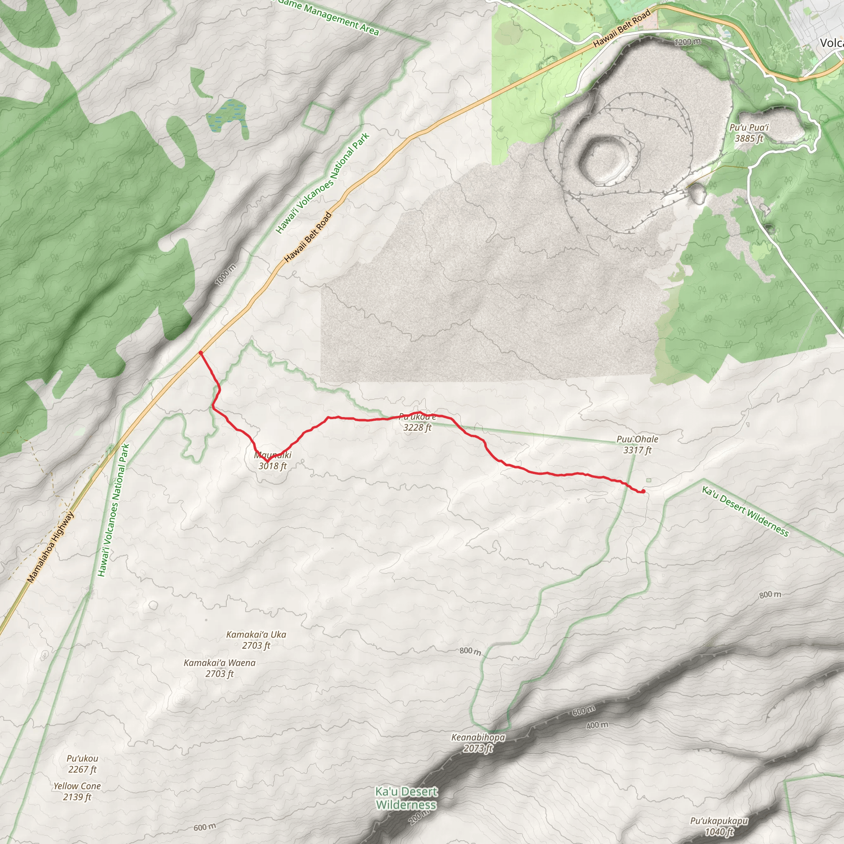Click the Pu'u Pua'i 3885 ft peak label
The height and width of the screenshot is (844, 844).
(x=749, y=133)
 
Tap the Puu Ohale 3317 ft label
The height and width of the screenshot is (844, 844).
(x=638, y=444)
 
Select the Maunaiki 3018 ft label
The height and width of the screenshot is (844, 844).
(x=272, y=460)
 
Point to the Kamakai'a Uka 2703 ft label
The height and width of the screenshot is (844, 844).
(x=256, y=640)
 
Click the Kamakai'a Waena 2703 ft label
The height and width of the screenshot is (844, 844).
(x=219, y=668)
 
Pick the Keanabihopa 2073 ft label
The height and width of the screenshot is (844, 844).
(x=478, y=743)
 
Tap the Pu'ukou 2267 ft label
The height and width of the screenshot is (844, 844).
(x=82, y=764)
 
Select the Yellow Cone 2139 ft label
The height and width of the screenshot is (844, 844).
(x=77, y=791)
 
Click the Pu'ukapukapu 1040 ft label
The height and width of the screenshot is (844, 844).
(x=719, y=826)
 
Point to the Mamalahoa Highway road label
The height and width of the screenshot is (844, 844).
(x=51, y=547)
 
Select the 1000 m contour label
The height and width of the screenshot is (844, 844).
(x=225, y=275)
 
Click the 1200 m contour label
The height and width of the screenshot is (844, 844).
(x=687, y=42)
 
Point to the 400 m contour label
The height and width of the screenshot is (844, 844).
(x=597, y=726)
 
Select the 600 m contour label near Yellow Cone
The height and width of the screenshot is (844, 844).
(x=205, y=827)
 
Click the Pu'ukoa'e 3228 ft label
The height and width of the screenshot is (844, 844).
(x=417, y=422)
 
